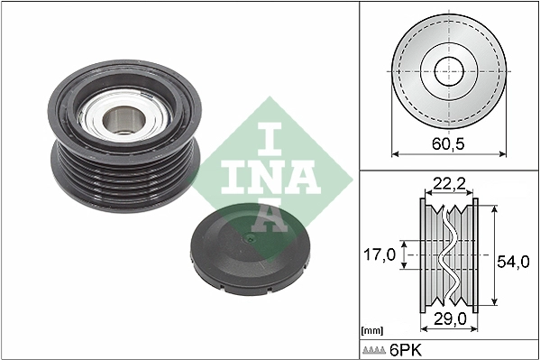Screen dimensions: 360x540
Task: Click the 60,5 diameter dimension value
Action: coord(447,143)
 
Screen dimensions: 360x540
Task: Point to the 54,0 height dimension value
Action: coord(513,261)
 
